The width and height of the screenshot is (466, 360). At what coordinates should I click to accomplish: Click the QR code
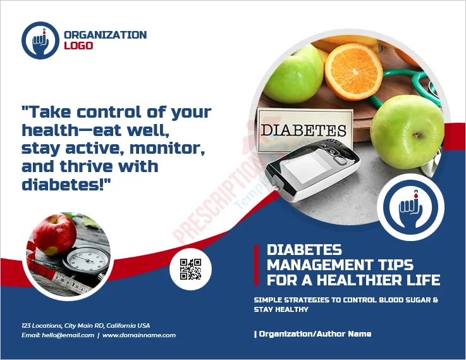(190, 270)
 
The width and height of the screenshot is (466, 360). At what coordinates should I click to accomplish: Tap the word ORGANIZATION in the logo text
(105, 35)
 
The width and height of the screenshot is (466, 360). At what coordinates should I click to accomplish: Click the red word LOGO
(78, 46)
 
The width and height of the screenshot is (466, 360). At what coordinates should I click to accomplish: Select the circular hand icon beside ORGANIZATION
(40, 40)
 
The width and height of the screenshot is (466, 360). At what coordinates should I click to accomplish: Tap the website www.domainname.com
(139, 335)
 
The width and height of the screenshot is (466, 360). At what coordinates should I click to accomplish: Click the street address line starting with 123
(85, 325)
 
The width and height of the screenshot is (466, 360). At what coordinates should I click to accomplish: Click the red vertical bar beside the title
(257, 265)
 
